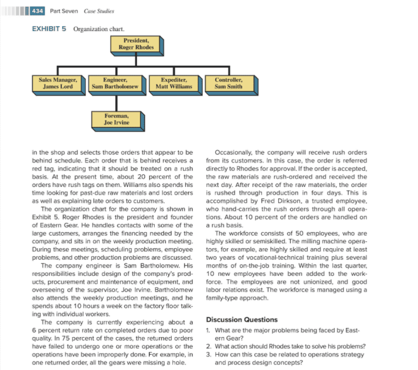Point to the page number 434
coord(38,11)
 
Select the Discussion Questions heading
coord(242,320)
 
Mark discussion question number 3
coord(284,358)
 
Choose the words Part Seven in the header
coord(63,11)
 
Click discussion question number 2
coord(284,347)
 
